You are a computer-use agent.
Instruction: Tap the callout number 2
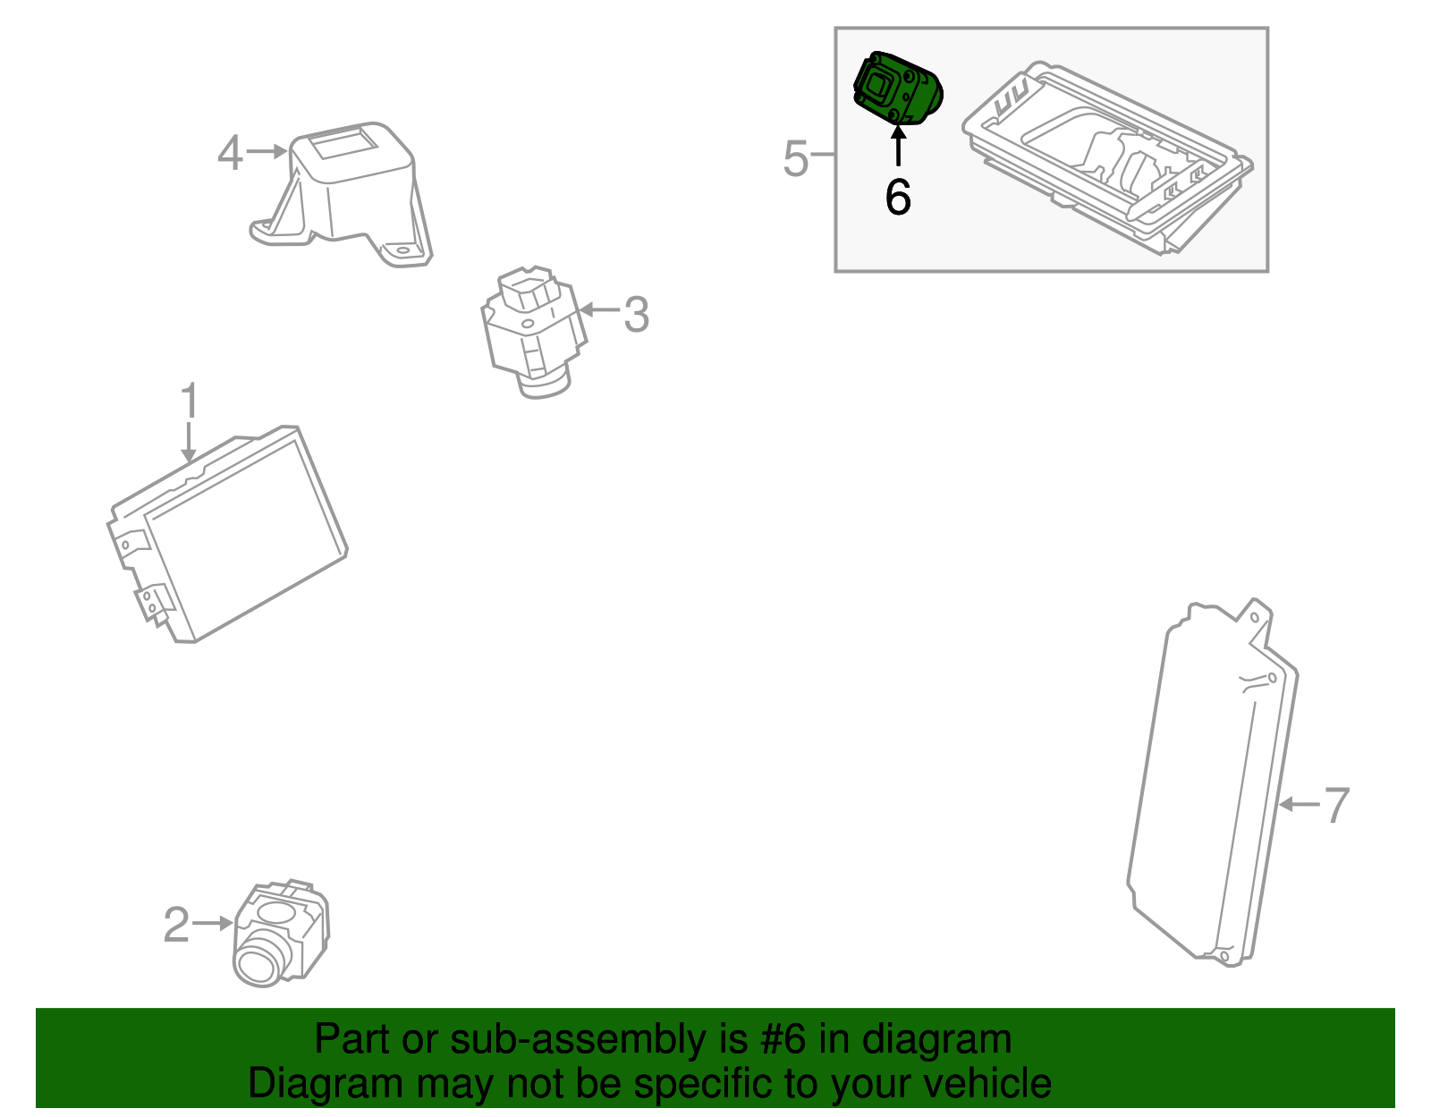pos(176,925)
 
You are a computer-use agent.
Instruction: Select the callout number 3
pos(636,315)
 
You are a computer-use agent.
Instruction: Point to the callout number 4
pos(230,153)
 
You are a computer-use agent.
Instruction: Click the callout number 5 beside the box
pos(794,158)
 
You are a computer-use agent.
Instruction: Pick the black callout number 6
pos(898,197)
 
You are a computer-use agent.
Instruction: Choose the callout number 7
pos(1335,805)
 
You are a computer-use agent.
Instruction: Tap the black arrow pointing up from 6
pos(898,146)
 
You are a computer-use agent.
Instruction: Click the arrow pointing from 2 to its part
pos(213,923)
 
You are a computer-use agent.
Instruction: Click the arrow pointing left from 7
pos(1299,805)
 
